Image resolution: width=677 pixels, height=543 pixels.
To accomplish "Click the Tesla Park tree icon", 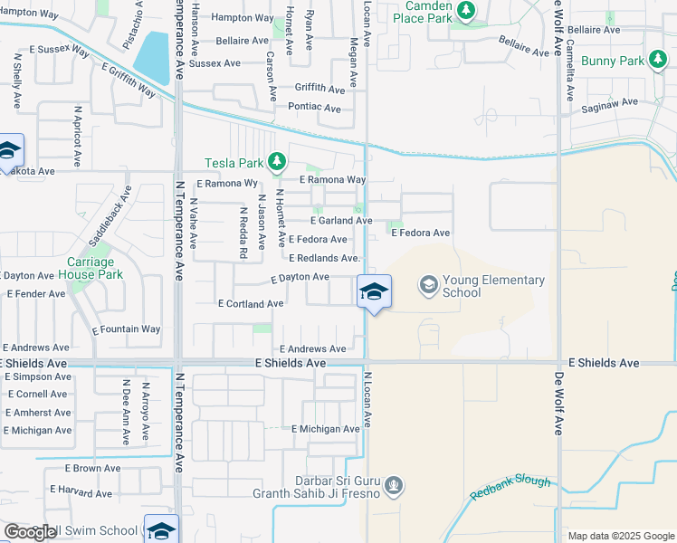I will coord(277,163).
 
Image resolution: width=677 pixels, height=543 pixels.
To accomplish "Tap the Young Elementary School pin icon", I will coord(428,286).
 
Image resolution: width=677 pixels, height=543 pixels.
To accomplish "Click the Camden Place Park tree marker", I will coord(466,11).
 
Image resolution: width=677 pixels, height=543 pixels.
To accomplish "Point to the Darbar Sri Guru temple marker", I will coord(394,487).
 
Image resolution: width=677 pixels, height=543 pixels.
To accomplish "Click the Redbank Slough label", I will coord(510,489).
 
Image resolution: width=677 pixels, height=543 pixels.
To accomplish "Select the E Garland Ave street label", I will coord(341,221).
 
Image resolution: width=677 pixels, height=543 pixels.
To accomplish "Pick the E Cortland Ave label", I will coord(251,304).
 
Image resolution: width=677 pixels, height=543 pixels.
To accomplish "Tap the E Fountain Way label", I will coord(126,329).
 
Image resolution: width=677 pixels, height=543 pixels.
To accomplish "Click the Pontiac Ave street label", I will coord(313,109).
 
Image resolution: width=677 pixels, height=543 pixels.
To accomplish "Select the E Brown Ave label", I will coord(92,469).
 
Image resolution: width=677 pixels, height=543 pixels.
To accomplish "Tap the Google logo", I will coord(31,532).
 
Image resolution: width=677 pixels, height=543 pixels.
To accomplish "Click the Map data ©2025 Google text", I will coord(620,536).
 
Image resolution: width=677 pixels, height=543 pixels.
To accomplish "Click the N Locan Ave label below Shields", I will coord(368,399).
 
